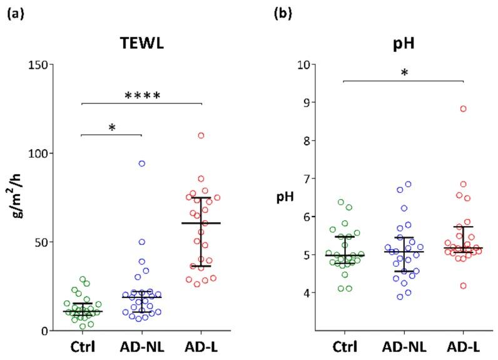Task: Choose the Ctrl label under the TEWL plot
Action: tap(83, 346)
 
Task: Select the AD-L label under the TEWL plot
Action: tap(201, 346)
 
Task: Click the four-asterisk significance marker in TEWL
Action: tap(143, 96)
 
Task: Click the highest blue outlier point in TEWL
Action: tap(142, 163)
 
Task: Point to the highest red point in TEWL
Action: tap(201, 135)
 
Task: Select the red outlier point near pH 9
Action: tap(464, 109)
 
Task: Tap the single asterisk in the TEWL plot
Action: tap(112, 128)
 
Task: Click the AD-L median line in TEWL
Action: tap(201, 223)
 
